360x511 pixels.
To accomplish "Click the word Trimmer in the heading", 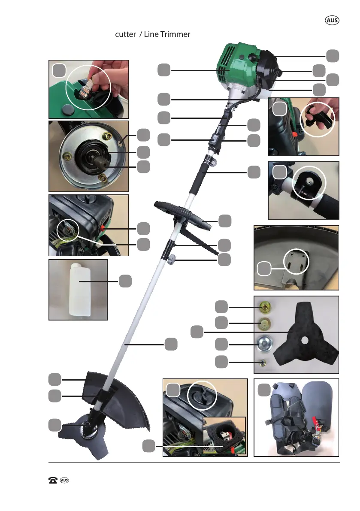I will coord(174,34).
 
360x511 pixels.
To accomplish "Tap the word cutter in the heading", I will coord(125,34).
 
